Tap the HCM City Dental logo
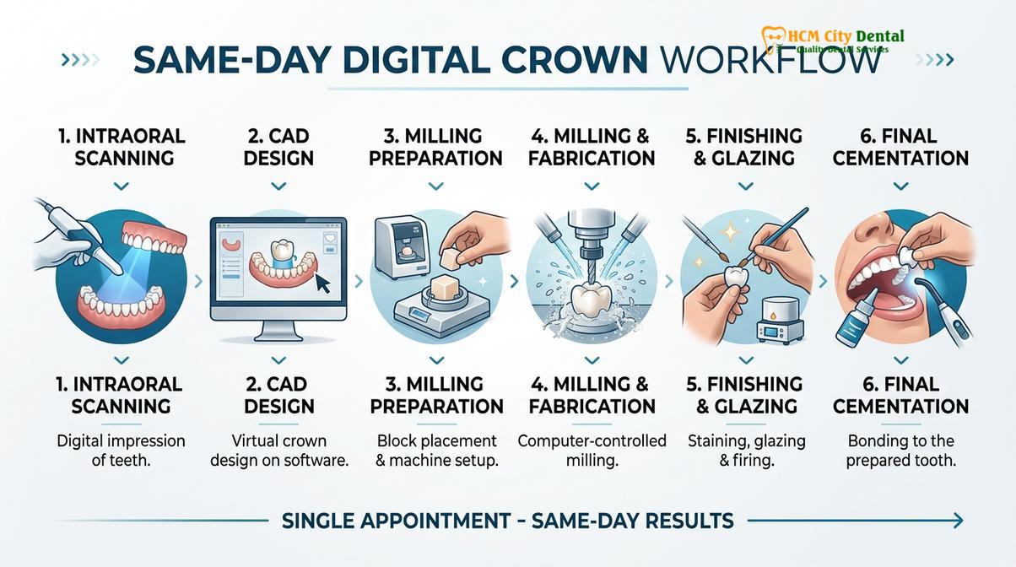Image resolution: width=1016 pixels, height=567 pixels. pos(832,40)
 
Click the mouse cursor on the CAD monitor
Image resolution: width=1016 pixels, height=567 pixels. pos(323,283)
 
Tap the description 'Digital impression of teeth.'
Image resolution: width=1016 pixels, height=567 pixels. pos(121,451)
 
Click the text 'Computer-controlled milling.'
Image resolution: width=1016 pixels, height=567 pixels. pos(592,451)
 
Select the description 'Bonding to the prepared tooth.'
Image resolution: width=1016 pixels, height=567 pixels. pos(900,451)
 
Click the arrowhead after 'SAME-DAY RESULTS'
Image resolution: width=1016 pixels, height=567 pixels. pos(958,521)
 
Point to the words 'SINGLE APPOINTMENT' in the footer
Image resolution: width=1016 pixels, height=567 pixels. pos(396,521)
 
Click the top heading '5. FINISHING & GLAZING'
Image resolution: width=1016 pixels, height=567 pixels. pos(744,147)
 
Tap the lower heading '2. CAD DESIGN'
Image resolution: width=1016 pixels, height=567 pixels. pos(278,395)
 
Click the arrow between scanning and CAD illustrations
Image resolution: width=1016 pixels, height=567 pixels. pos(198,282)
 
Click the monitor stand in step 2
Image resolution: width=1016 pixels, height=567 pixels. pos(278,332)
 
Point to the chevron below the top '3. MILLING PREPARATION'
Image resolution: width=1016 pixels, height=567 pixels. pos(436,186)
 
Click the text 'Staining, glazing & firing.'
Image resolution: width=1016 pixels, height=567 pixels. pos(747,451)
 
